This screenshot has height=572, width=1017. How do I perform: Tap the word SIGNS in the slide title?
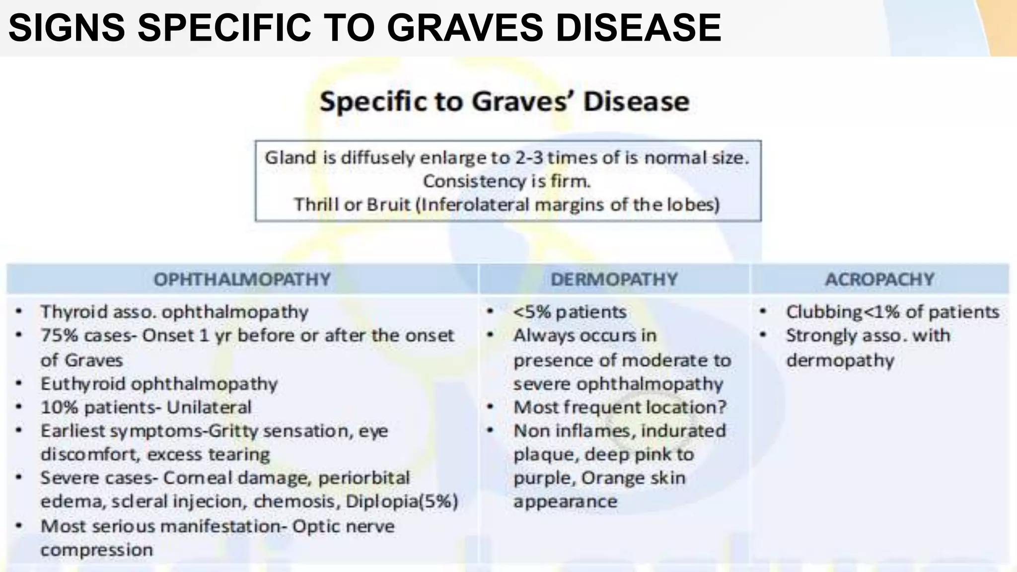click(67, 28)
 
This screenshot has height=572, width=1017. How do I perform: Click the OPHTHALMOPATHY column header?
click(242, 280)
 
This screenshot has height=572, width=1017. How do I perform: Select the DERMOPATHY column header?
click(614, 280)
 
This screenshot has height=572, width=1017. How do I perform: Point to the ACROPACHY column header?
click(879, 280)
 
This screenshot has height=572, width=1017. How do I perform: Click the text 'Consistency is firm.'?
click(507, 181)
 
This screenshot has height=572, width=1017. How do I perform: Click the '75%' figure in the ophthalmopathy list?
click(59, 336)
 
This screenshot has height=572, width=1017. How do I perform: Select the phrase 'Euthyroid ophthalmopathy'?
click(159, 384)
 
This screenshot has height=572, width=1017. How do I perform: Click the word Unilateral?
click(209, 408)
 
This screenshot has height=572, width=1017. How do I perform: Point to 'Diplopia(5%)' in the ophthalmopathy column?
click(402, 501)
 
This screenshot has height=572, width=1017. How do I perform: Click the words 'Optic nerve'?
click(343, 526)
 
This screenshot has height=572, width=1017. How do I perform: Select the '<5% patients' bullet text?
click(570, 312)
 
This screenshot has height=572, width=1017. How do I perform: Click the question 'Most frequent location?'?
click(620, 408)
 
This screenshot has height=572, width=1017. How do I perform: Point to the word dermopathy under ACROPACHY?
click(840, 360)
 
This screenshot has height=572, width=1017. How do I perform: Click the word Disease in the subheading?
click(636, 102)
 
